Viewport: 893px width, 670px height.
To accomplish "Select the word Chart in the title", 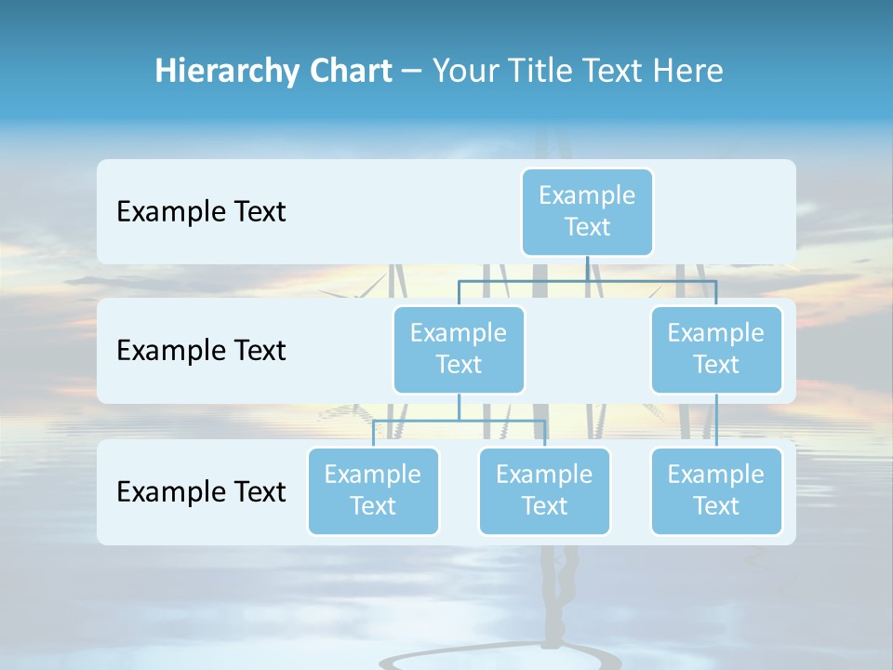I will coord(346,71).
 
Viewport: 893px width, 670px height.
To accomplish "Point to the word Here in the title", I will coord(687,71).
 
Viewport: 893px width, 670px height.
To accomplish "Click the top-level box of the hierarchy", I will coord(587,211).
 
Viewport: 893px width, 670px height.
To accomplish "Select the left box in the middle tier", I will coord(459,349).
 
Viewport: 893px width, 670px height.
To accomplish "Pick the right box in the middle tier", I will coord(716,349).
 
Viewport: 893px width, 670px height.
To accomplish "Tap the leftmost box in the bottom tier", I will coord(373,490).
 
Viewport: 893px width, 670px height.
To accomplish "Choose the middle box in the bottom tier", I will coord(544,490).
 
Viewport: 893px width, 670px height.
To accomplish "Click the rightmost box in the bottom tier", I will coord(716,490).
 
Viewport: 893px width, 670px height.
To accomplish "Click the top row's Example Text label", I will coord(201,212).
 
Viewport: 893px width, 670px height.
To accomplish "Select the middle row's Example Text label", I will coord(201,351).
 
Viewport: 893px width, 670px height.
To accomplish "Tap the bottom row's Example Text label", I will coord(201,491).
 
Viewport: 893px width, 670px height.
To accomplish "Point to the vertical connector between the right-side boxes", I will coord(716,421).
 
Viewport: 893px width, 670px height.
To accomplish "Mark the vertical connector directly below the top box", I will coord(587,268).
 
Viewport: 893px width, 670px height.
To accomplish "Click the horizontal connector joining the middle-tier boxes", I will coord(587,280).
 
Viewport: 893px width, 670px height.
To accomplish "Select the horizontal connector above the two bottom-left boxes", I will coord(459,421).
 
